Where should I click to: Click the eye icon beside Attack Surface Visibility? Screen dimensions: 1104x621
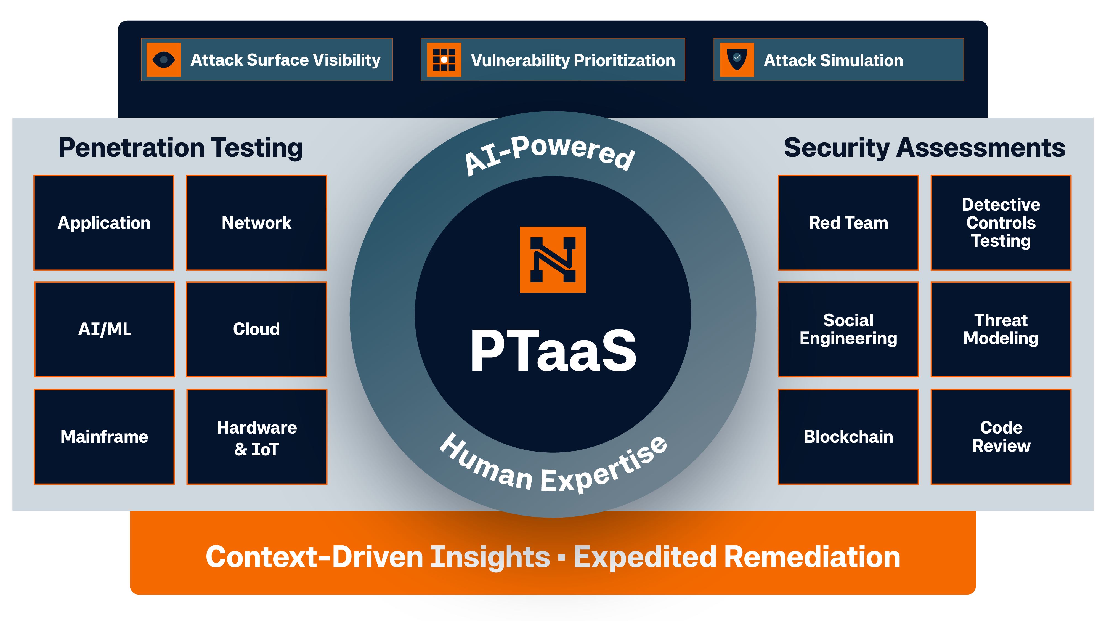click(163, 60)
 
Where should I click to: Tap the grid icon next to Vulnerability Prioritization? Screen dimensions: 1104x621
click(444, 60)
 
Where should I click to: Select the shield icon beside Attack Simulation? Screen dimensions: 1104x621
click(737, 60)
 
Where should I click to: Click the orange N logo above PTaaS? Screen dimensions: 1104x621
click(553, 260)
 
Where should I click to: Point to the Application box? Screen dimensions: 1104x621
click(104, 223)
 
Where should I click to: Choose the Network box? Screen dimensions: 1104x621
click(256, 223)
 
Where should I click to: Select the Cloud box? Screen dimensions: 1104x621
click(256, 329)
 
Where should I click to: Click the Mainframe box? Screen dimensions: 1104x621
click(104, 437)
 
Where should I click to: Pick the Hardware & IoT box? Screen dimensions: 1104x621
click(257, 437)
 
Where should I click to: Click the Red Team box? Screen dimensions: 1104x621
click(848, 223)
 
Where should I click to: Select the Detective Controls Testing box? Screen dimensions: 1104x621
click(1001, 223)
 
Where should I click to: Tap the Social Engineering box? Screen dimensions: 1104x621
click(848, 329)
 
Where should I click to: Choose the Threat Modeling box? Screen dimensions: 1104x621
click(1001, 329)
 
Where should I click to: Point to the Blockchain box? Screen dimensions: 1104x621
click(848, 437)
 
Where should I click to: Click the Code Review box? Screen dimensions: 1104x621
click(1001, 437)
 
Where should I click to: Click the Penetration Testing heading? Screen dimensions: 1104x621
click(181, 148)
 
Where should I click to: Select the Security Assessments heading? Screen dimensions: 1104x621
click(924, 148)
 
